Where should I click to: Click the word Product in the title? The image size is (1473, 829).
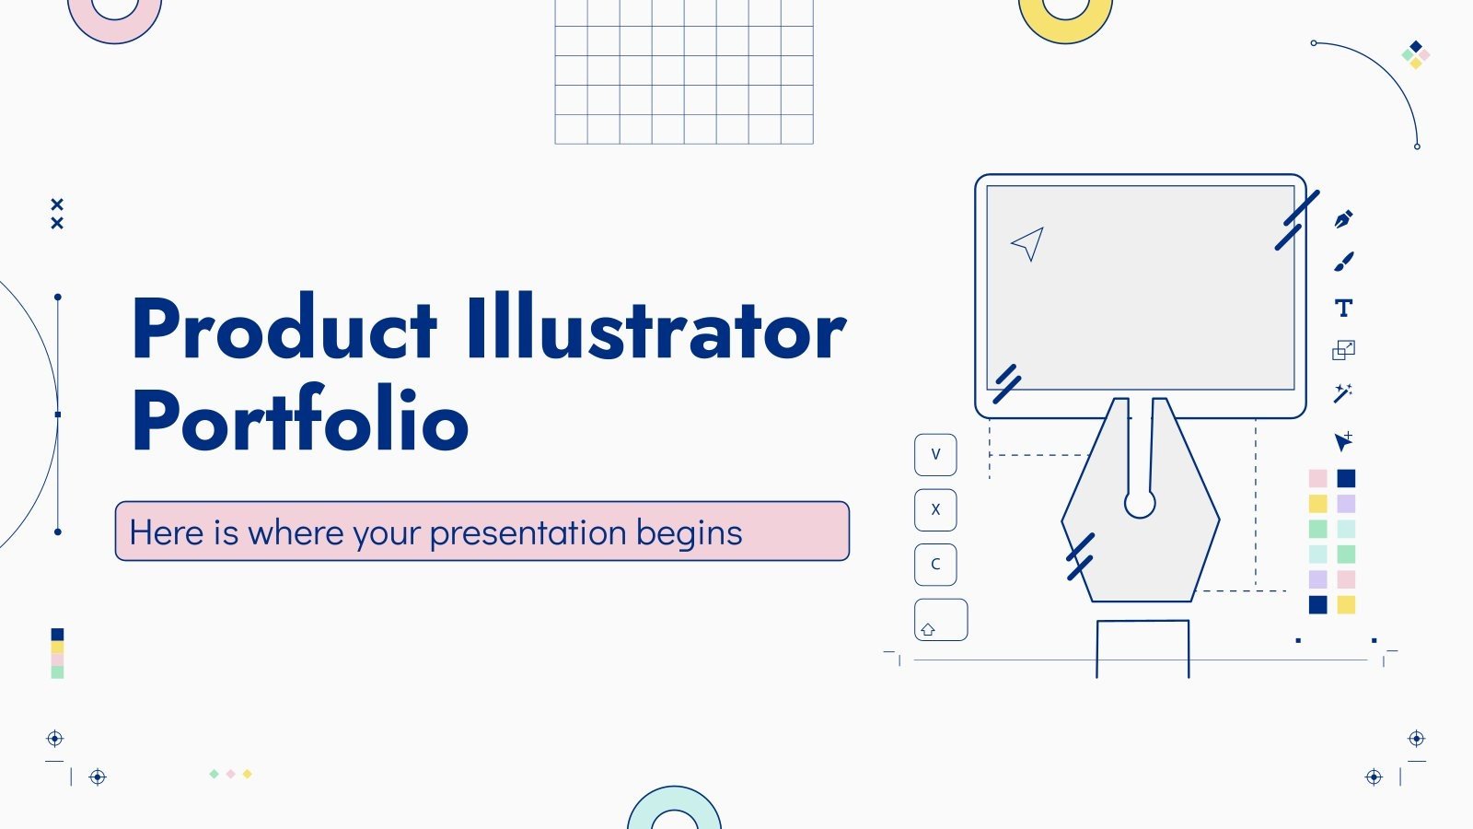284,329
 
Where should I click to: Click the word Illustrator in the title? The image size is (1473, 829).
655,329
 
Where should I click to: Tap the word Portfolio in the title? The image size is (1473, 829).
300,420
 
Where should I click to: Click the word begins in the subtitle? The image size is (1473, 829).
689,533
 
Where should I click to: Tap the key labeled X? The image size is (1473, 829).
935,509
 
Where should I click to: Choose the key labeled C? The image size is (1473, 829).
935,565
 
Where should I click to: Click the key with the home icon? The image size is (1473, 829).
940,620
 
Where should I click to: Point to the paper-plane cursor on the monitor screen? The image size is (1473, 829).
1027,243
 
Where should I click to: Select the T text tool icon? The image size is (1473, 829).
1344,308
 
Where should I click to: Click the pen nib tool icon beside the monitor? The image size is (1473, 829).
1344,220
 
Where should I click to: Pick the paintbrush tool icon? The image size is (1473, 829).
1344,263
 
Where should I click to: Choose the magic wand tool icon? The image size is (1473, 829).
1343,393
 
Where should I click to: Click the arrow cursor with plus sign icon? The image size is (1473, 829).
1344,441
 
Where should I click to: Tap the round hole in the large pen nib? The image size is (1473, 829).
1140,504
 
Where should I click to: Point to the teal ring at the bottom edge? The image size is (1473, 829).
674,803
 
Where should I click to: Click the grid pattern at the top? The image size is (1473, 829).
684,72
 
